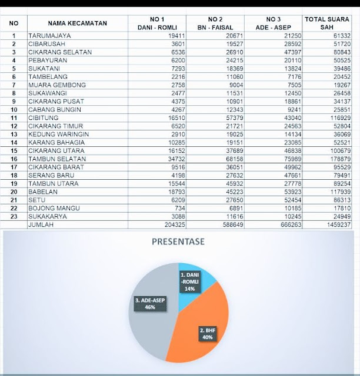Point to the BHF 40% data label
pyautogui.click(x=207, y=335)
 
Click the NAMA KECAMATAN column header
pyautogui.click(x=78, y=23)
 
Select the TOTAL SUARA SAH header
pyautogui.click(x=327, y=23)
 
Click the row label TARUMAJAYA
pyautogui.click(x=51, y=36)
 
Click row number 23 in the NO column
pyautogui.click(x=14, y=216)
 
